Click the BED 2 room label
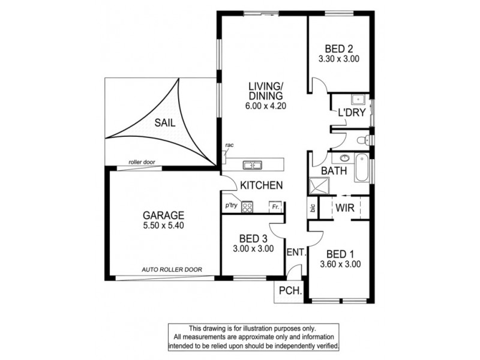coord(339,49)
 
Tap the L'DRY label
coord(350,113)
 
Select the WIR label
coord(344,208)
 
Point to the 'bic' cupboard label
coord(313,208)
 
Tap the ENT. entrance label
coord(297,253)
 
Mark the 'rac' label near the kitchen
coord(229,145)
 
